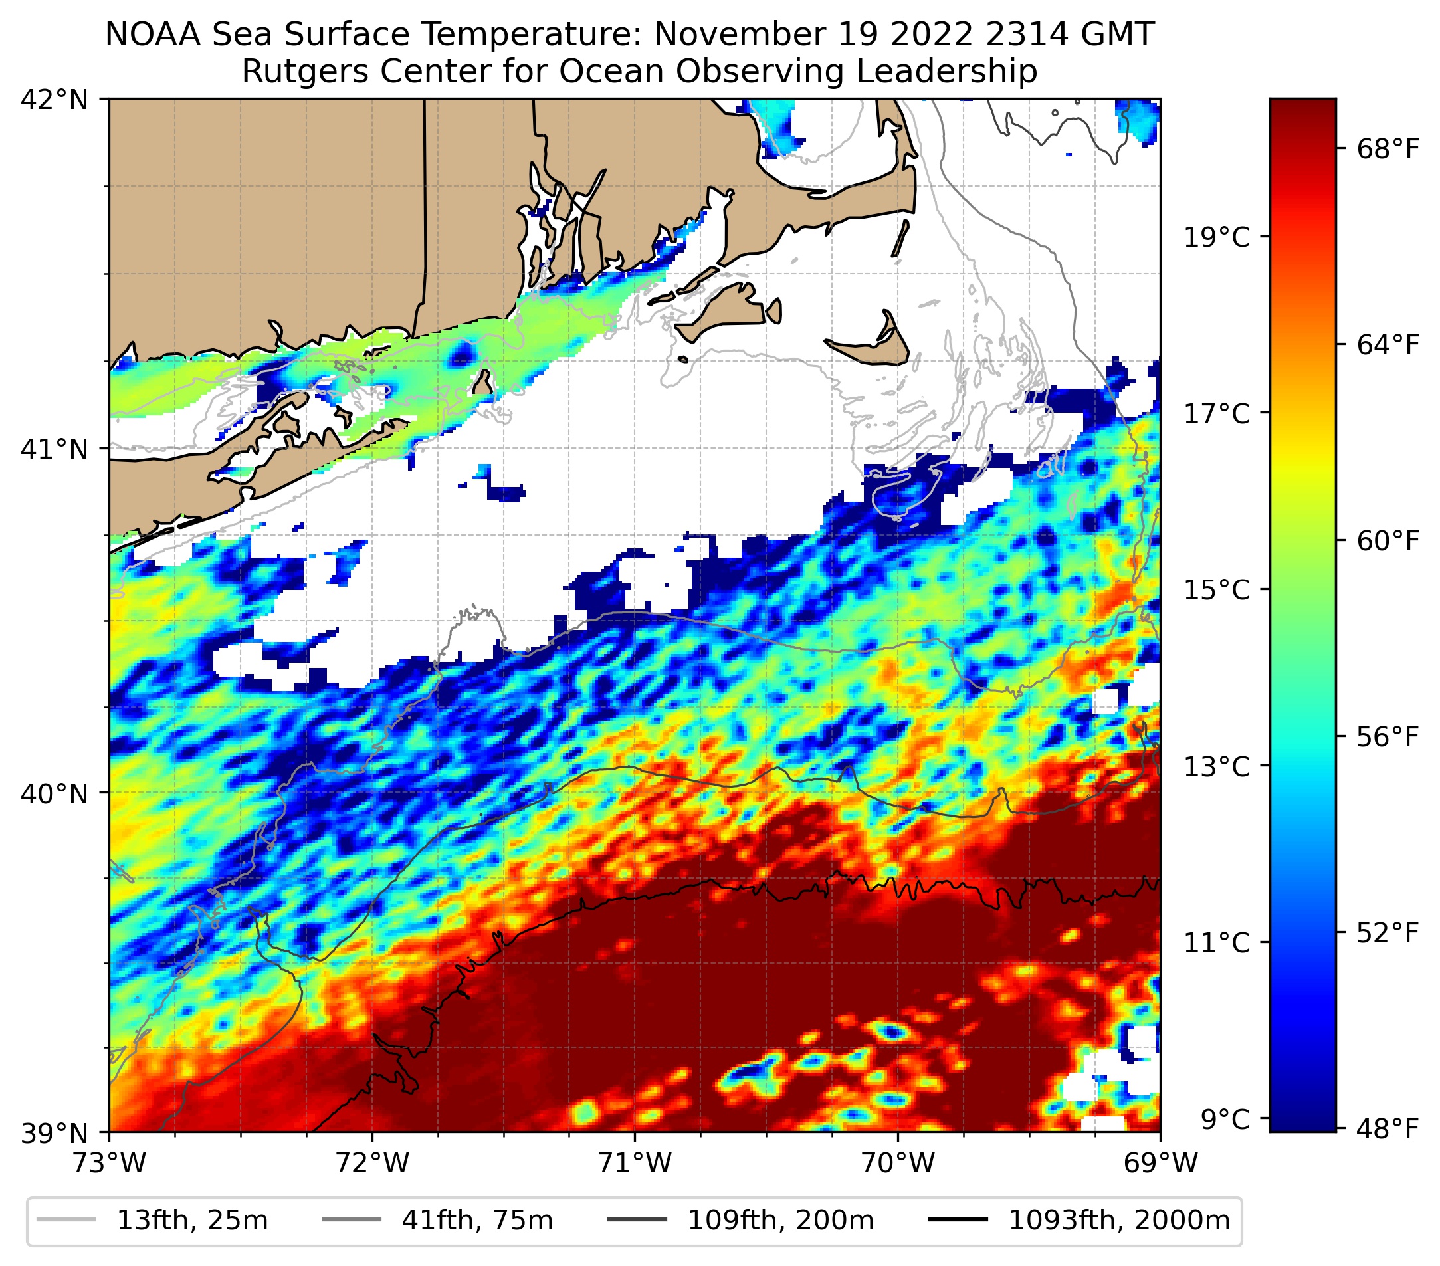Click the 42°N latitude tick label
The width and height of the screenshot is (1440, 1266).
(x=54, y=100)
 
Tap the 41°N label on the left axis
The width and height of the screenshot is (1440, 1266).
(x=54, y=448)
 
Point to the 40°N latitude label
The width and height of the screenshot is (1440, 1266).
(x=54, y=793)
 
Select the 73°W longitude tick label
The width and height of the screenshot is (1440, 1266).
(x=109, y=1163)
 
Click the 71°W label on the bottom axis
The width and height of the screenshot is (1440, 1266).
(x=635, y=1163)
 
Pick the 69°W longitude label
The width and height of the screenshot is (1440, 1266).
(x=1160, y=1163)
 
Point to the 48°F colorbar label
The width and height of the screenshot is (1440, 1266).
(x=1378, y=1129)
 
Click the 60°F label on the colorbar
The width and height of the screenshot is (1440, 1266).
(x=1378, y=541)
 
